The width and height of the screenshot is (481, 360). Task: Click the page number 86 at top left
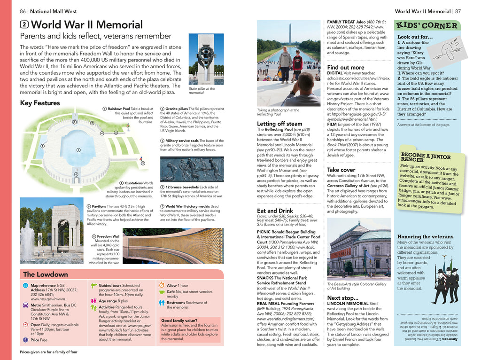pyautogui.click(x=23, y=11)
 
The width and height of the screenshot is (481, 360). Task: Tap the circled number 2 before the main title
pyautogui.click(x=24, y=25)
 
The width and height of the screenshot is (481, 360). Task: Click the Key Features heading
pyautogui.click(x=39, y=103)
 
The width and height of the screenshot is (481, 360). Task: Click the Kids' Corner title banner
pyautogui.click(x=427, y=25)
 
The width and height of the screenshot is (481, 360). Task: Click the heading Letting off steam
pyautogui.click(x=279, y=124)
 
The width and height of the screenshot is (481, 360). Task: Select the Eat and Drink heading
pyautogui.click(x=275, y=211)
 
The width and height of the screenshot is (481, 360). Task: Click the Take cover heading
pyautogui.click(x=341, y=170)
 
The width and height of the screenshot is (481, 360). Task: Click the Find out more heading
pyautogui.click(x=346, y=67)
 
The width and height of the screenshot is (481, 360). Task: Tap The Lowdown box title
pyautogui.click(x=46, y=274)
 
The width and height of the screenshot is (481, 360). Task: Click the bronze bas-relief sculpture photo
pyautogui.click(x=192, y=169)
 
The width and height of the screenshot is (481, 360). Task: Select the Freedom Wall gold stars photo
pyautogui.click(x=173, y=246)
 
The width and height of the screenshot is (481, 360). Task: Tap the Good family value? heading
pyautogui.click(x=178, y=320)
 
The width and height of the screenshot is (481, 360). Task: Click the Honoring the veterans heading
pyautogui.click(x=425, y=237)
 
